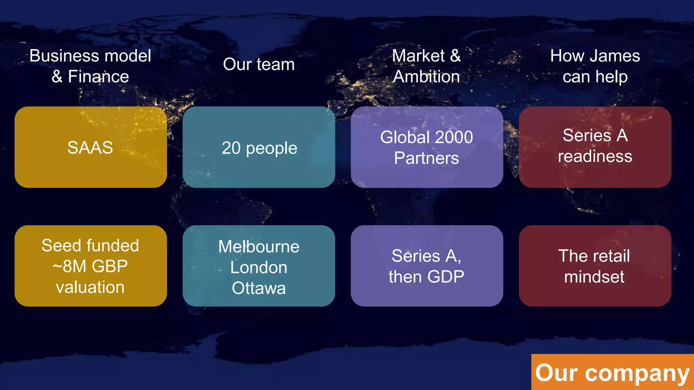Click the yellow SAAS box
point(90,147)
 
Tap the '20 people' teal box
point(259,147)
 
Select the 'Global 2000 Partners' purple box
point(427,147)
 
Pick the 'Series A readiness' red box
point(595,147)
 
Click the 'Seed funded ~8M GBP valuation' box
point(90,266)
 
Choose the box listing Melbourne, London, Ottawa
point(259,266)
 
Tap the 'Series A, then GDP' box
point(427,266)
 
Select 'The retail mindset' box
point(595,266)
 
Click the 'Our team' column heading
point(259,64)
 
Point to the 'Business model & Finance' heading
point(90,66)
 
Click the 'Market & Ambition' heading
point(427,66)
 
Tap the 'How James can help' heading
point(595,66)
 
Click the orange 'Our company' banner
point(612,372)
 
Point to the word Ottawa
point(259,288)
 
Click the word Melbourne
point(259,246)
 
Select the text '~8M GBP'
point(90,266)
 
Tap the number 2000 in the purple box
point(454,137)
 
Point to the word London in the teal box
point(259,267)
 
